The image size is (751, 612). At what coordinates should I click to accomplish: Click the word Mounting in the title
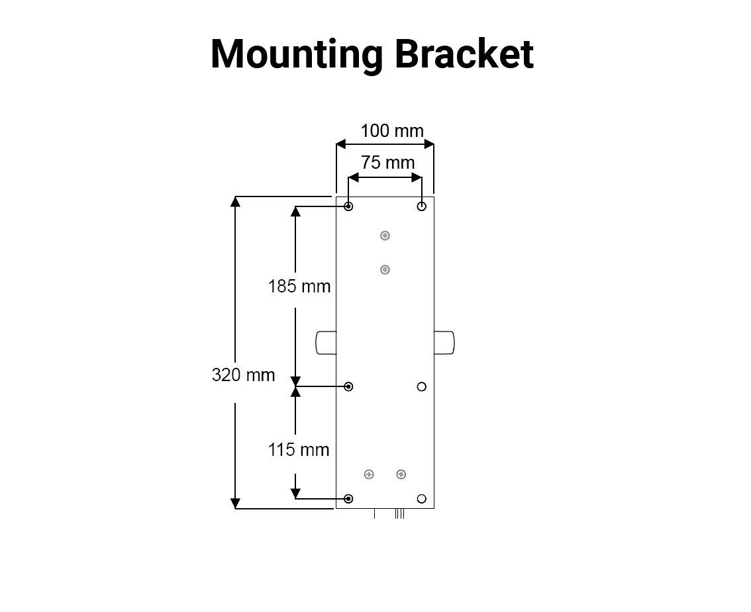click(x=297, y=55)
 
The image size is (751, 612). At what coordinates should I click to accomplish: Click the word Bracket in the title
click(x=464, y=54)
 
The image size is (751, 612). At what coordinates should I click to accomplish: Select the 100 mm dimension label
click(x=392, y=130)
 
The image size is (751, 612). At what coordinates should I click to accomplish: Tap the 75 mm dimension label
click(x=387, y=162)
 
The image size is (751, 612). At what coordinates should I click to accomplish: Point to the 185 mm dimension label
click(x=299, y=286)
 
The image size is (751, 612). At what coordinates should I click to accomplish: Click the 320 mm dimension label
click(x=243, y=374)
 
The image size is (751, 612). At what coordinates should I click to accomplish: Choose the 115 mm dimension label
click(x=299, y=450)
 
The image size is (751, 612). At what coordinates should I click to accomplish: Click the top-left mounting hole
click(x=348, y=206)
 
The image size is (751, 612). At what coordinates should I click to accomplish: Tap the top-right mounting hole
click(x=421, y=206)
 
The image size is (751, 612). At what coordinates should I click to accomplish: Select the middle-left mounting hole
click(x=348, y=386)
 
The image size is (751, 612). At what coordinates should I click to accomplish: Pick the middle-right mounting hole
click(x=421, y=386)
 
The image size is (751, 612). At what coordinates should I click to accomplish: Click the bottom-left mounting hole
click(x=348, y=499)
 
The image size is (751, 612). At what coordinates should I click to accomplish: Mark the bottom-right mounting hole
click(x=421, y=499)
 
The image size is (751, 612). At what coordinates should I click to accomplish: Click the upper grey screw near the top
click(x=385, y=236)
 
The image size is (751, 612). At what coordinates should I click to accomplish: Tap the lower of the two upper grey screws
click(x=385, y=270)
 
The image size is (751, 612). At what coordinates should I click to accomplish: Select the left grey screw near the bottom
click(x=369, y=474)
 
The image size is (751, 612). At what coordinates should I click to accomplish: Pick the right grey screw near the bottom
click(x=401, y=474)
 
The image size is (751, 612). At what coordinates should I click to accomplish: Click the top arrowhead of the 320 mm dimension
click(x=234, y=201)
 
